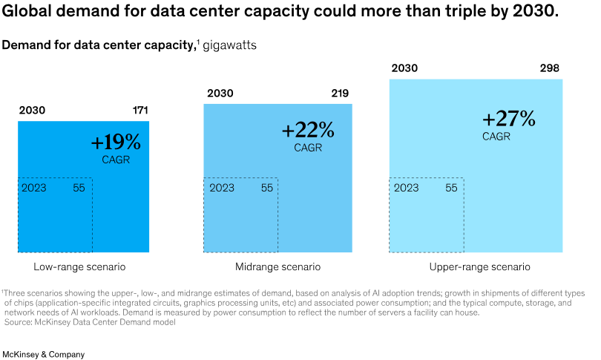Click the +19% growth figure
click(115, 143)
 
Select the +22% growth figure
click(308, 130)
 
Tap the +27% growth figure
click(508, 119)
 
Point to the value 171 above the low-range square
click(140, 111)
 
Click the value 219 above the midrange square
click(340, 94)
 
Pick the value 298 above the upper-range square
click(549, 68)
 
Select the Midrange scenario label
click(277, 266)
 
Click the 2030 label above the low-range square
click(32, 111)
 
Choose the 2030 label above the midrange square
click(220, 94)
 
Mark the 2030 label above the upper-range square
click(404, 68)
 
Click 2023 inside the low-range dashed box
click(34, 188)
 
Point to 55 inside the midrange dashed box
click(267, 188)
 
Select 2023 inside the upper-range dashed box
click(406, 188)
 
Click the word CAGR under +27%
click(496, 137)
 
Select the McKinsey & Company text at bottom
click(43, 334)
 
